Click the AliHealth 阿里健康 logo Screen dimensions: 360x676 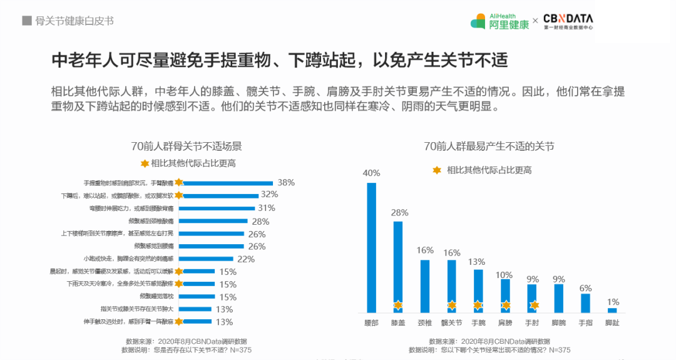(499, 21)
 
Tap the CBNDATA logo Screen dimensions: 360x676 (568, 22)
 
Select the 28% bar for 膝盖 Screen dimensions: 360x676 (398, 266)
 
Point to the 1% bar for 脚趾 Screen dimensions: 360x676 (612, 310)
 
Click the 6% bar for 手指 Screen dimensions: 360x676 (585, 303)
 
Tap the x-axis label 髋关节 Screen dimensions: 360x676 (451, 324)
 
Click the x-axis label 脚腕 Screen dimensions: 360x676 (559, 324)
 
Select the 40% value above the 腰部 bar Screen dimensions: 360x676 (371, 173)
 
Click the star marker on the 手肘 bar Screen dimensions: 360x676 (533, 306)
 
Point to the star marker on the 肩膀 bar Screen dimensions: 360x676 (506, 306)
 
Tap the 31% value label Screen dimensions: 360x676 (267, 208)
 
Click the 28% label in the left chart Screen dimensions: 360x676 (260, 221)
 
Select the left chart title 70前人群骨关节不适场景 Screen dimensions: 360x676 (186, 147)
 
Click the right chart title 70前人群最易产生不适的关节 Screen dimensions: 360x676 (488, 147)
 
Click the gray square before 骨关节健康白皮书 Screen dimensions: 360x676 (27, 21)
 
